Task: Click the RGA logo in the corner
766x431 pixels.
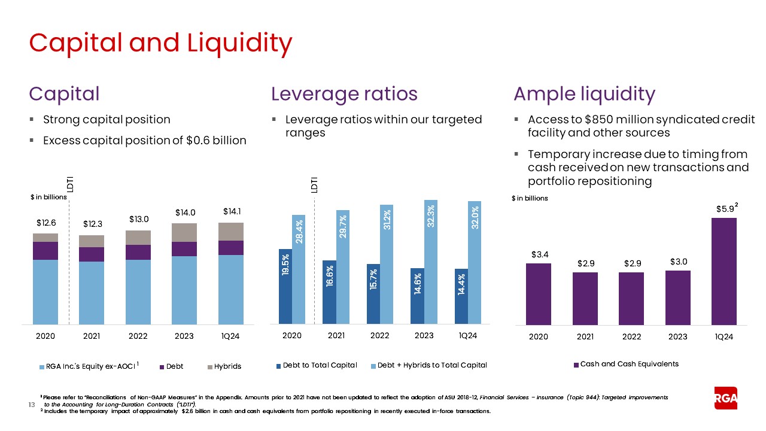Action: tap(725, 398)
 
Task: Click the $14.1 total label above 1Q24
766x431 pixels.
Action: tap(232, 211)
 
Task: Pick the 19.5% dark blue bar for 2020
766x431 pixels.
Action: tap(285, 287)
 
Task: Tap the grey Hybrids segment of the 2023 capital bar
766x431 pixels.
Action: tap(184, 232)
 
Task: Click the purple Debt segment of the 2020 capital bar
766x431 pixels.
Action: tap(45, 251)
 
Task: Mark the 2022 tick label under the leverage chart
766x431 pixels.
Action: tap(380, 336)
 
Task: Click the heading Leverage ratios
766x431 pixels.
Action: tap(344, 94)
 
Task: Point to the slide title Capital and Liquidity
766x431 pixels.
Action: tap(160, 43)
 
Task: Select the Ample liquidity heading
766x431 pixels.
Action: tap(584, 94)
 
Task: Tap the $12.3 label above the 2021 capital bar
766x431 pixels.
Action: tap(92, 224)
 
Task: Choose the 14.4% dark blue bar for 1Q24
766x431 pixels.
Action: tap(461, 296)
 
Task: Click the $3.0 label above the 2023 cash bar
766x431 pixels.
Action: tap(677, 262)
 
